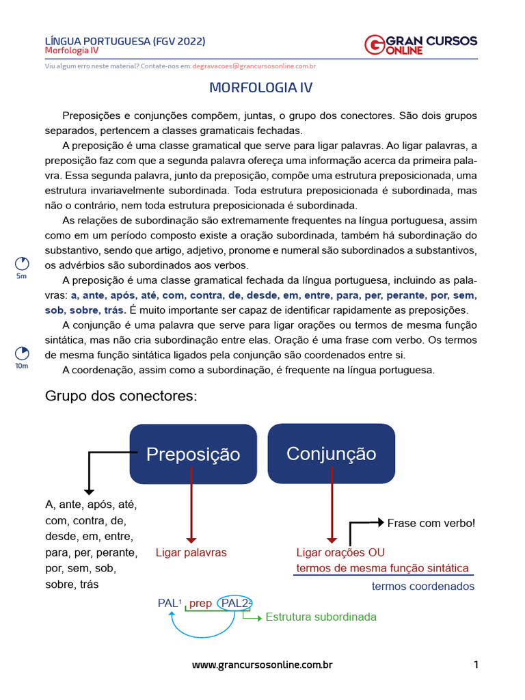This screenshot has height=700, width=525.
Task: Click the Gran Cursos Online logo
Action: click(420, 45)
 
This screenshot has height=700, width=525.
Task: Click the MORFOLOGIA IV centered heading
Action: click(260, 88)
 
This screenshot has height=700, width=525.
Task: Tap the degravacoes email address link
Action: click(254, 66)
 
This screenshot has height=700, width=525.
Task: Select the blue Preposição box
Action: click(193, 454)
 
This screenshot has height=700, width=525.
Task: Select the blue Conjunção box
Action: click(331, 453)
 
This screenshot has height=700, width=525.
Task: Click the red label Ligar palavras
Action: click(191, 552)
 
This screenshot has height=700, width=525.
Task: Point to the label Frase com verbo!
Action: click(431, 523)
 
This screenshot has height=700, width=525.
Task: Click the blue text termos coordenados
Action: click(422, 587)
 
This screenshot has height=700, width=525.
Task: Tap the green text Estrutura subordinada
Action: click(321, 617)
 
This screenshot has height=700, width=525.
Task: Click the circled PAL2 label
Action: click(236, 603)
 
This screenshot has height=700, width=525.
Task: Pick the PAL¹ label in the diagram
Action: click(170, 603)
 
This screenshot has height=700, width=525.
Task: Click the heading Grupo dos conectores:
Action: click(120, 396)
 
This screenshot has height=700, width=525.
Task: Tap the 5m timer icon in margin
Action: click(22, 264)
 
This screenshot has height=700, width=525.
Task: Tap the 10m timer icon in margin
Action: click(22, 353)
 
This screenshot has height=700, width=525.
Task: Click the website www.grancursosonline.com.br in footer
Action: click(262, 664)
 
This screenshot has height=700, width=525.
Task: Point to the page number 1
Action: click(476, 664)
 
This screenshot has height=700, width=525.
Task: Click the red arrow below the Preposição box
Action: click(191, 513)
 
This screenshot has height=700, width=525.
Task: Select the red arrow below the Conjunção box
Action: click(331, 513)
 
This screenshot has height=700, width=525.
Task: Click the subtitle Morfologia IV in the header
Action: click(72, 51)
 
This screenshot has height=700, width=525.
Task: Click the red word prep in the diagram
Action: click(200, 603)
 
